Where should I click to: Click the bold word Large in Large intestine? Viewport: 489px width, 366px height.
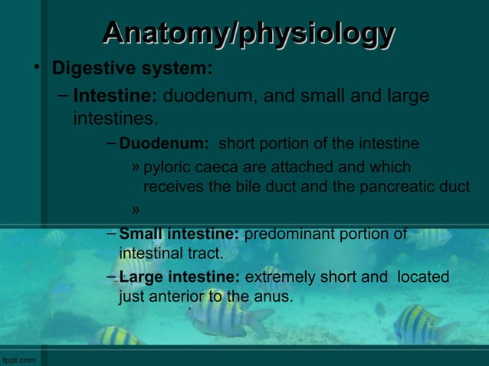click(x=140, y=276)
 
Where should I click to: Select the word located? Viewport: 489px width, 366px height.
click(x=423, y=276)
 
